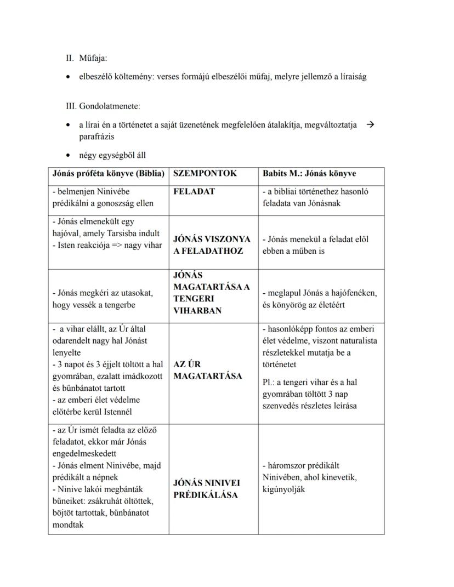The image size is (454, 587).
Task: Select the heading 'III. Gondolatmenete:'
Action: pos(103,106)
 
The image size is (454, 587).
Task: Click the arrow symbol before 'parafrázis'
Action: pos(370,124)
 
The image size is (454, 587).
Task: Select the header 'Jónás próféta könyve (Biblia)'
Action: pos(108,173)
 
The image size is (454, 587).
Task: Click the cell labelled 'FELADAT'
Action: pos(194,192)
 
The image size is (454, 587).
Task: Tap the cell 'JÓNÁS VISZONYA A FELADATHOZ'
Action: pos(212,245)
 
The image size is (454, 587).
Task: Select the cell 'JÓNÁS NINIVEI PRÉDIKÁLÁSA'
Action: pos(206,489)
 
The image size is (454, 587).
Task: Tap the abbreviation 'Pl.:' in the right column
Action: pos(270,382)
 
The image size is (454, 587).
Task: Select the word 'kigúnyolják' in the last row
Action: pos(284,489)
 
